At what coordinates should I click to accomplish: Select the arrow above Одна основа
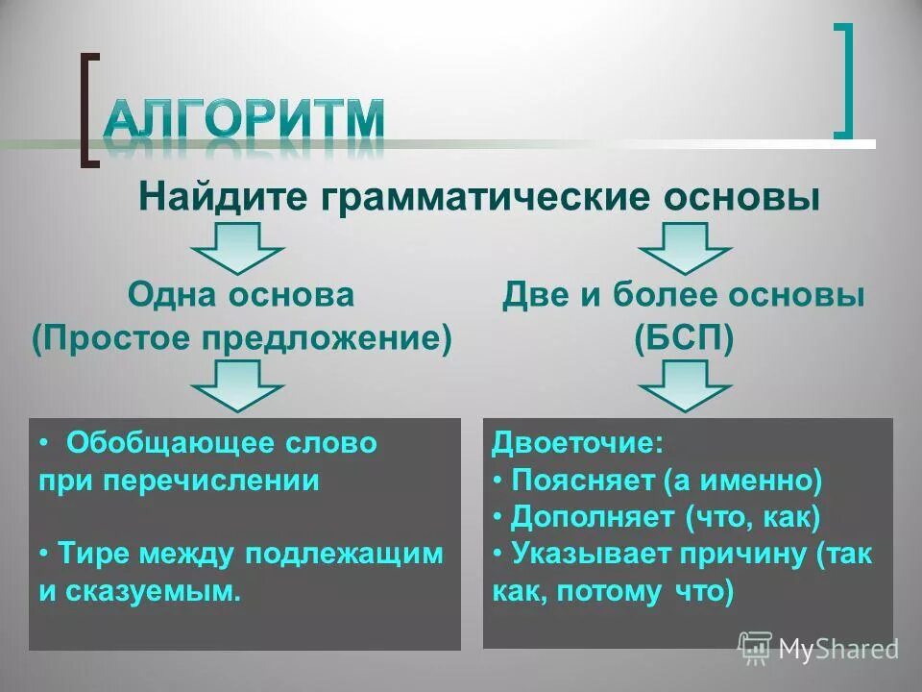point(237,248)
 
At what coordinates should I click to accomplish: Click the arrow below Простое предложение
point(237,385)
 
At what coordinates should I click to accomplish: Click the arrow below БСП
point(685,385)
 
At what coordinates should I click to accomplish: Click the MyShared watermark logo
point(817,649)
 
